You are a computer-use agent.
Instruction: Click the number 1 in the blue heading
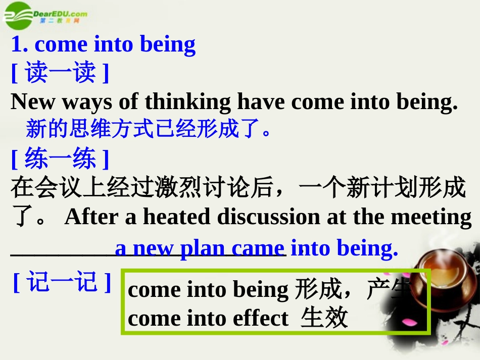pyautogui.click(x=17, y=45)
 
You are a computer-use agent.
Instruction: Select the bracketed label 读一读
pyautogui.click(x=60, y=73)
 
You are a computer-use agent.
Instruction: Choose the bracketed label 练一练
pyautogui.click(x=60, y=159)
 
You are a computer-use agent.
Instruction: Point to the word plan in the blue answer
pyautogui.click(x=204, y=248)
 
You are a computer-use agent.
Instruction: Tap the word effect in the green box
pyautogui.click(x=260, y=319)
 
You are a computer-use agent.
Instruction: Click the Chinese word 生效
pyautogui.click(x=324, y=319)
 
